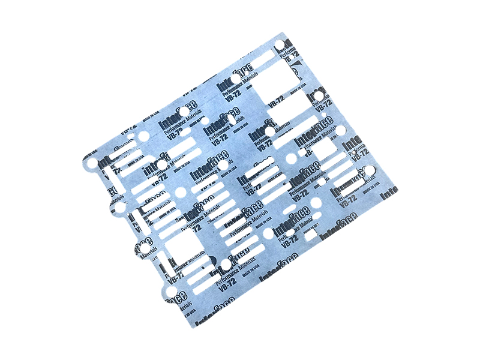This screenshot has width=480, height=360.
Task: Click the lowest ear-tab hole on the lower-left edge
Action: [x=171, y=292]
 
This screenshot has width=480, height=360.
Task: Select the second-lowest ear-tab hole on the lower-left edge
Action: [x=144, y=249]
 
